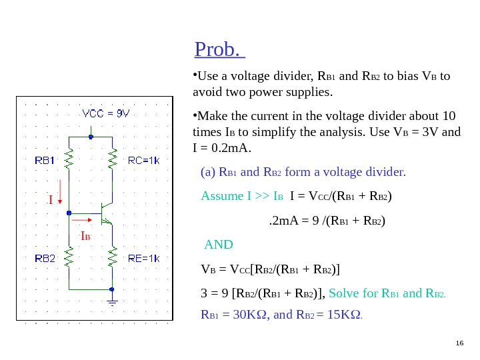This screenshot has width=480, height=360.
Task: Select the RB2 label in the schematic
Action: pyautogui.click(x=45, y=258)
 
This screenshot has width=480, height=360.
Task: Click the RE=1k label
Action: pyautogui.click(x=143, y=258)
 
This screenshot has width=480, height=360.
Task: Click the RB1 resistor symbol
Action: pyautogui.click(x=69, y=159)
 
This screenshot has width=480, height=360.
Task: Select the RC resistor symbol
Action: pyautogui.click(x=113, y=159)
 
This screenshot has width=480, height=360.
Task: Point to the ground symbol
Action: pyautogui.click(x=113, y=302)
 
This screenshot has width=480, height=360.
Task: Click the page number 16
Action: pyautogui.click(x=459, y=343)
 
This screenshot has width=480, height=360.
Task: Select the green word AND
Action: pyautogui.click(x=218, y=244)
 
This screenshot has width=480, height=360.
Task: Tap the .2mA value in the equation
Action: pyautogui.click(x=281, y=220)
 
